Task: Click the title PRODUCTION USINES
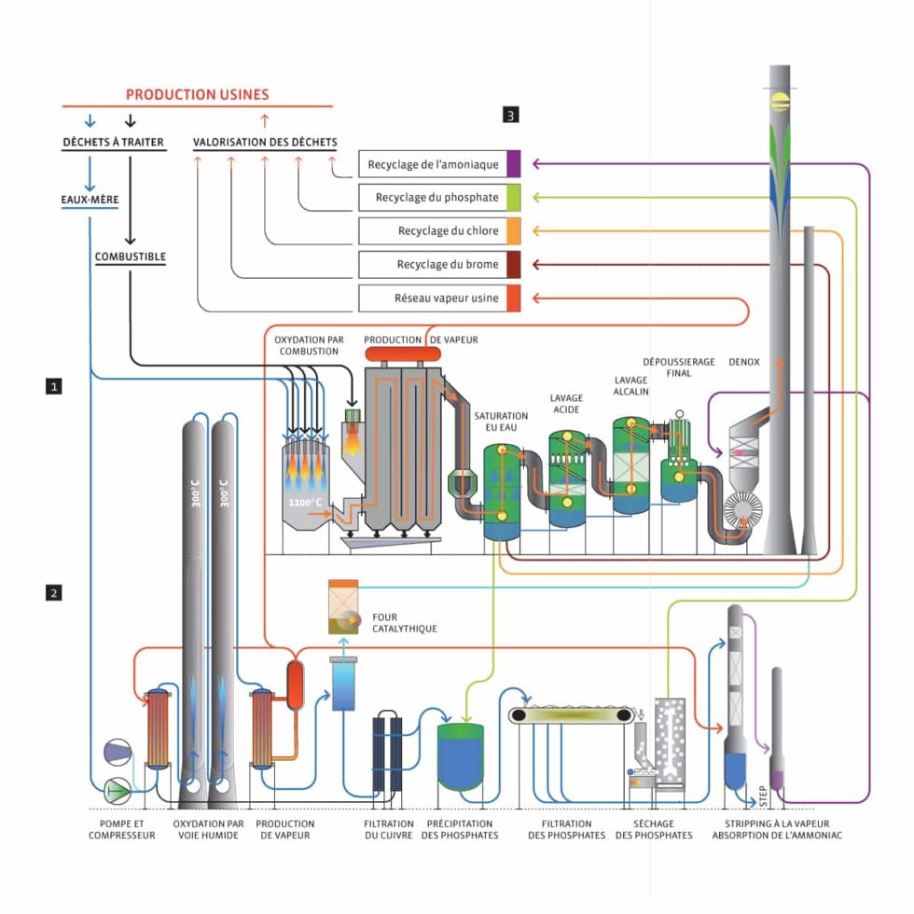point(197,94)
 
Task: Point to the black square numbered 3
point(511,116)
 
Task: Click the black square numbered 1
point(55,384)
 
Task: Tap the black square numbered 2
point(55,592)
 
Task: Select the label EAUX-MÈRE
point(83,200)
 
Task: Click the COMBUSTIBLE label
point(130,256)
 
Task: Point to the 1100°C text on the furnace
point(304,504)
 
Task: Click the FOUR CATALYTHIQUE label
point(404,622)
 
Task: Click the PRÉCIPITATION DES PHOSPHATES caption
point(460,829)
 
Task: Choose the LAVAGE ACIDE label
point(566,404)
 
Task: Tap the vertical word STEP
point(763,796)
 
